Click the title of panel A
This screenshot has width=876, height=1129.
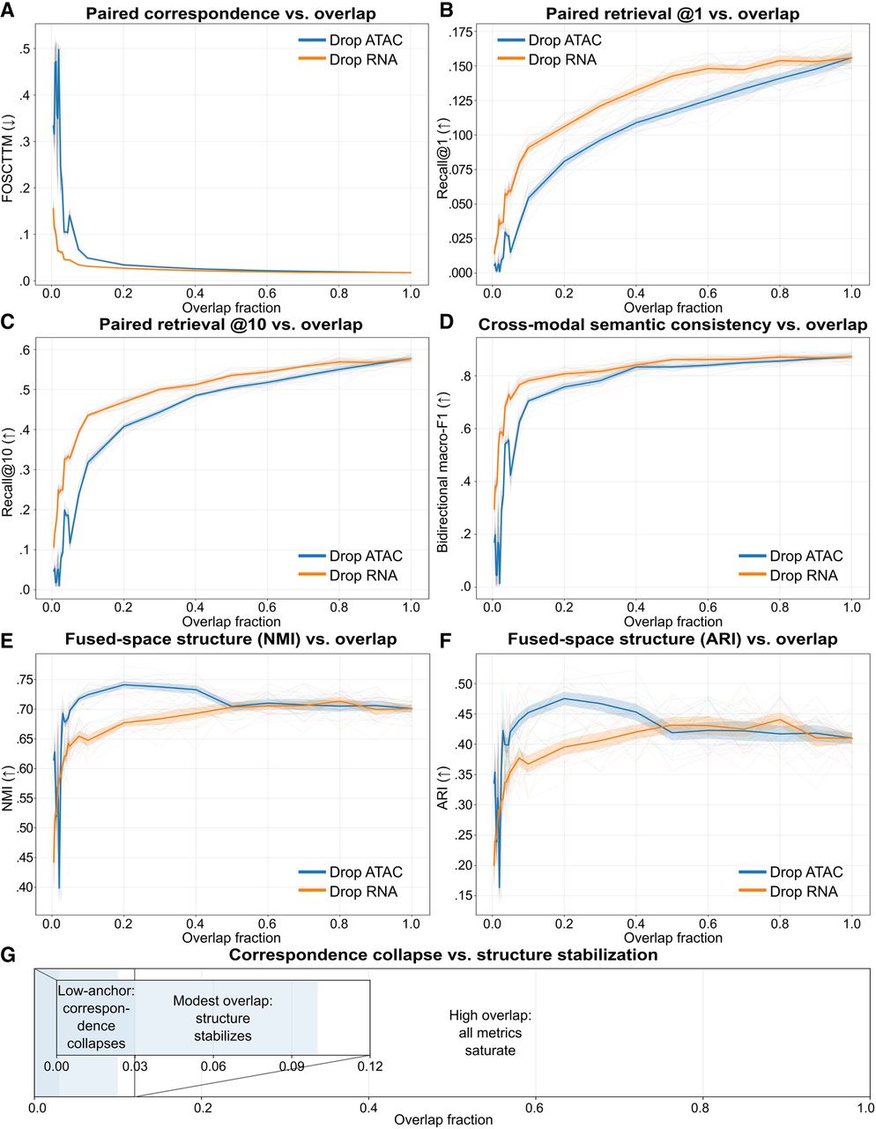230,13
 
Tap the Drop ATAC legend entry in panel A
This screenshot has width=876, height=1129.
350,41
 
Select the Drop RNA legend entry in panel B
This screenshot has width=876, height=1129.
547,60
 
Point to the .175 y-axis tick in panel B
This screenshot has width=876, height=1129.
461,33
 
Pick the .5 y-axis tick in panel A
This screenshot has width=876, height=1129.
25,49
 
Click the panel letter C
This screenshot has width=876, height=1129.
8,322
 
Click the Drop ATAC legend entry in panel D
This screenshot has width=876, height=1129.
791,556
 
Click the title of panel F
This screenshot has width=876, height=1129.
672,639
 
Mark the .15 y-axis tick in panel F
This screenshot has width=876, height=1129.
463,896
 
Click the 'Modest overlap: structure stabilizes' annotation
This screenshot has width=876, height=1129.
223,1019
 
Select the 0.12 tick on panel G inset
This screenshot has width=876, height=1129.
370,1066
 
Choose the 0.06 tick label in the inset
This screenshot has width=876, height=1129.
213,1066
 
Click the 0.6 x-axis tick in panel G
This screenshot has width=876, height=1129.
535,1108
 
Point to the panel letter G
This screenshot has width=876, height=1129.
8,954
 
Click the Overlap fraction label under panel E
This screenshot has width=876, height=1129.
232,938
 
